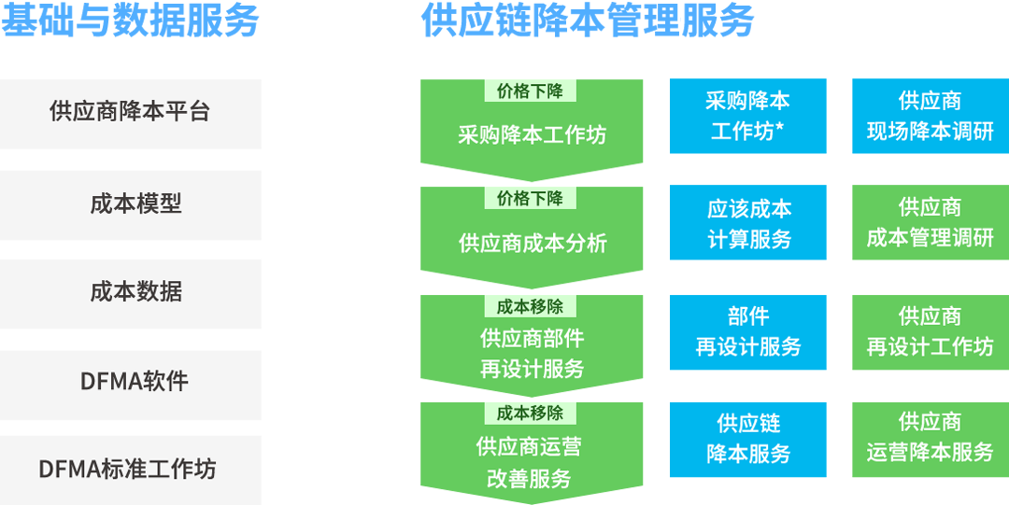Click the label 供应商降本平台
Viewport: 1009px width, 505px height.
(x=130, y=112)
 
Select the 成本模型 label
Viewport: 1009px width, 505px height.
(x=135, y=203)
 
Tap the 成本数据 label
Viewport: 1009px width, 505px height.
(x=135, y=292)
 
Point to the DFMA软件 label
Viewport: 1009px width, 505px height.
(x=135, y=381)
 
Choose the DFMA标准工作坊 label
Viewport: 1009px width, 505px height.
(x=127, y=469)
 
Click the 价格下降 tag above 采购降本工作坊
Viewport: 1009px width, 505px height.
(x=530, y=91)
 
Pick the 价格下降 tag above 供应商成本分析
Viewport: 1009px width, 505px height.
(x=530, y=198)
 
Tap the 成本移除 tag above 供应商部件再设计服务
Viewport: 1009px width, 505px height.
(x=530, y=305)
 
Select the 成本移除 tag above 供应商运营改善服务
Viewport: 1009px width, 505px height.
(x=530, y=413)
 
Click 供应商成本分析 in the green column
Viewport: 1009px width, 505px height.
(x=533, y=244)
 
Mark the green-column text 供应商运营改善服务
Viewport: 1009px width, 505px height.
(x=529, y=463)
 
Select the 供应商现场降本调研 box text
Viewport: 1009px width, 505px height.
(x=930, y=117)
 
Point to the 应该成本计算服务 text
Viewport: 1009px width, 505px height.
(x=749, y=224)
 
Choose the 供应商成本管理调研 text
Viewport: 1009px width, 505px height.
(x=930, y=223)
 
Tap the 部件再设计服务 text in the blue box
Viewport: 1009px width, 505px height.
(x=748, y=331)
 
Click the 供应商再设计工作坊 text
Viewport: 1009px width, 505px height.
(x=930, y=331)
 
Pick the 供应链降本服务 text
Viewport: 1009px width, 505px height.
(x=748, y=438)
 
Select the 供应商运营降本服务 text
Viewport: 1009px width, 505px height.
(x=930, y=438)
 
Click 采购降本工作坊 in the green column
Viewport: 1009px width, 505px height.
(x=533, y=135)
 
